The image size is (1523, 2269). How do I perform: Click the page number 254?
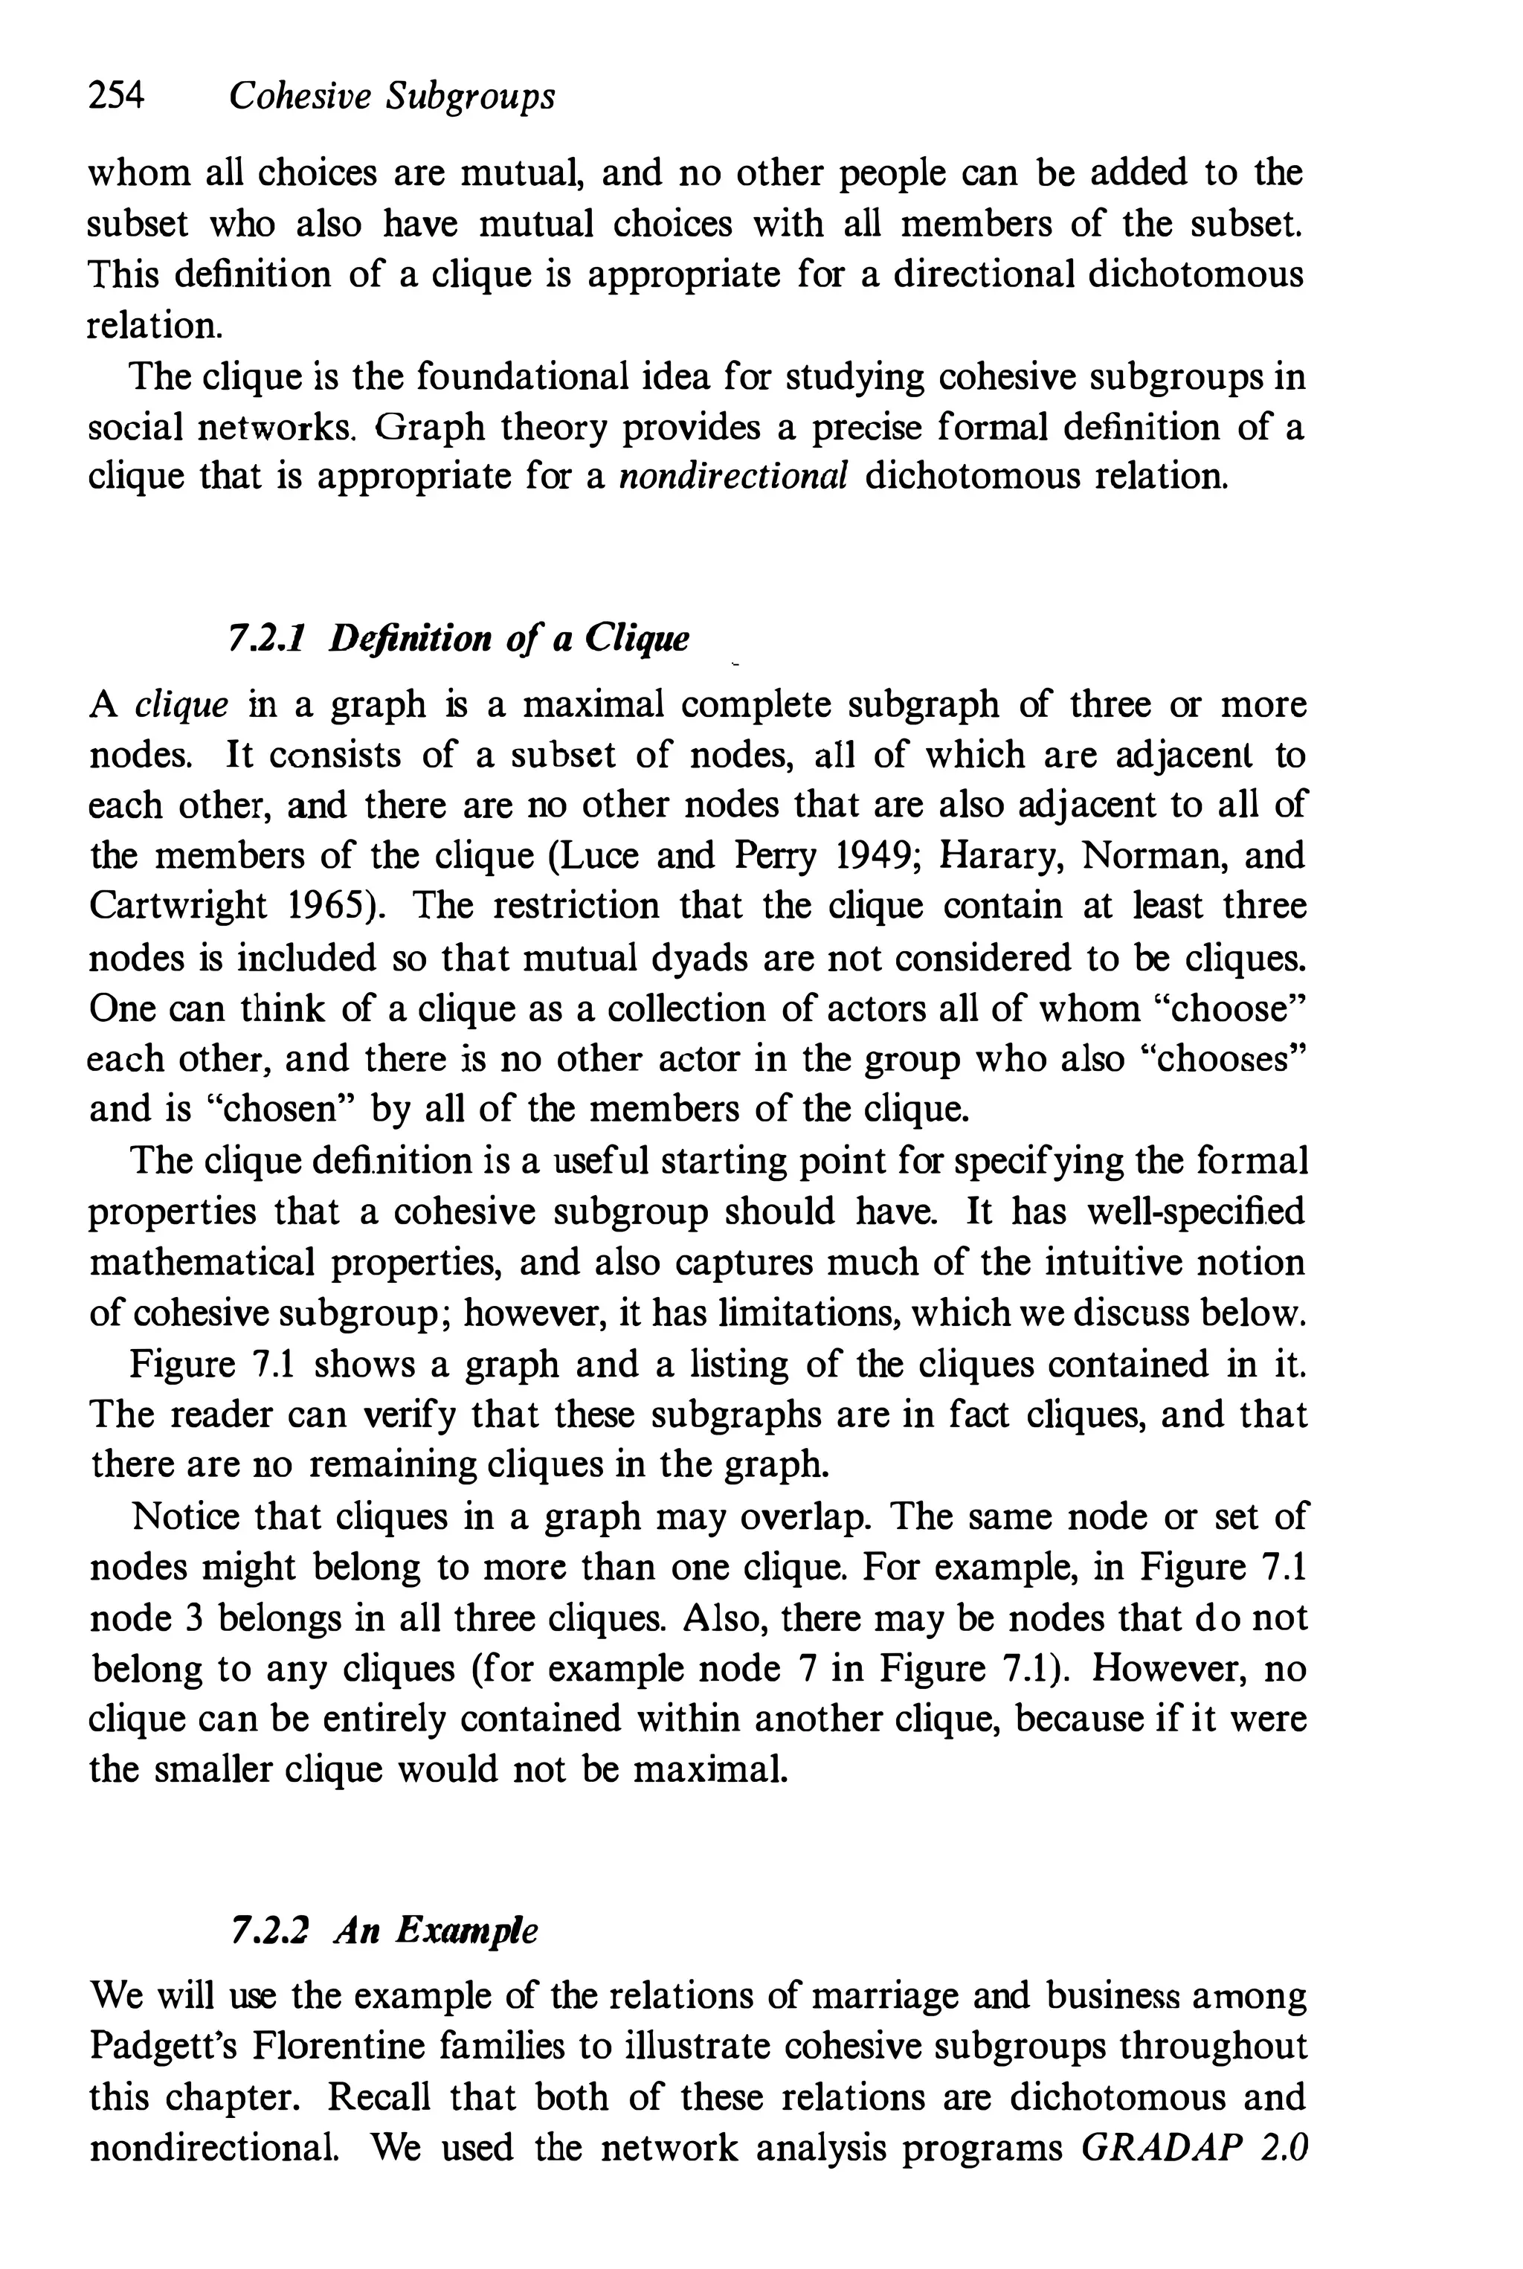(115, 96)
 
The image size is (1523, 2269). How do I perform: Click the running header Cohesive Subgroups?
(391, 96)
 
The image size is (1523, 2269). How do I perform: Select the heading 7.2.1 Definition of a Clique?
(458, 639)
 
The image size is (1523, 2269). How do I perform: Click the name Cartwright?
(178, 907)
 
